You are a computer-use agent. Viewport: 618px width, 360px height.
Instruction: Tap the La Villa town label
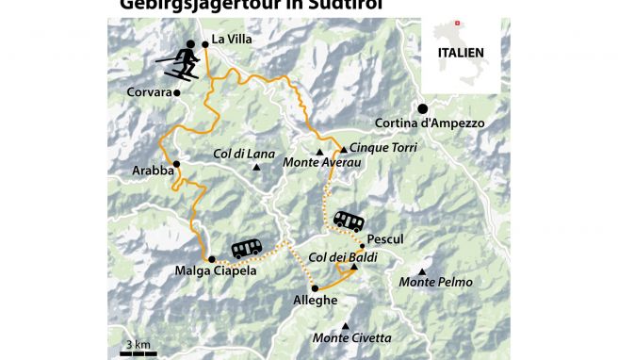231,40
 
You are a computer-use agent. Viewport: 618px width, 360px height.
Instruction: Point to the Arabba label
153,172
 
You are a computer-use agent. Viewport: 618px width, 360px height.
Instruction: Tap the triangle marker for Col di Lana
256,168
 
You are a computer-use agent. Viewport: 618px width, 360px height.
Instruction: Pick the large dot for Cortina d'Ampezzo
423,108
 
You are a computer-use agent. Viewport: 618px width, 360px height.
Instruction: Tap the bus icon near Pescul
349,221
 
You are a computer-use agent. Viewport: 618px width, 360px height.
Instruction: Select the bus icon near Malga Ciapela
247,248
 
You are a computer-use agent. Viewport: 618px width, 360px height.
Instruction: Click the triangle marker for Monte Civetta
346,327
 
